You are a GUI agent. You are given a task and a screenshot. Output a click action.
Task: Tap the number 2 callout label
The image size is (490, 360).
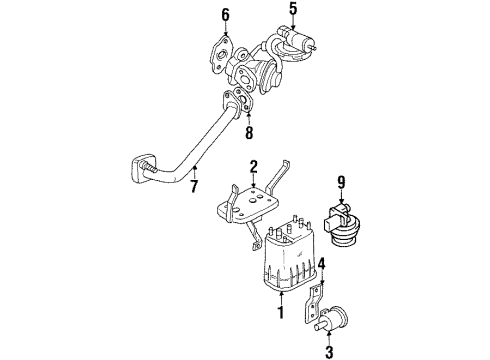coord(255,167)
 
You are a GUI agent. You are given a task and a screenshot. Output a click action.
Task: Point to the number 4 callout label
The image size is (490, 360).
coord(322,265)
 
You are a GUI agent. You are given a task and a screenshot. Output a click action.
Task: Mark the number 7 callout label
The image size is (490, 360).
coord(194,184)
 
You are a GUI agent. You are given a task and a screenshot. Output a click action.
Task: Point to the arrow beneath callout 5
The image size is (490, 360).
coord(293,27)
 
